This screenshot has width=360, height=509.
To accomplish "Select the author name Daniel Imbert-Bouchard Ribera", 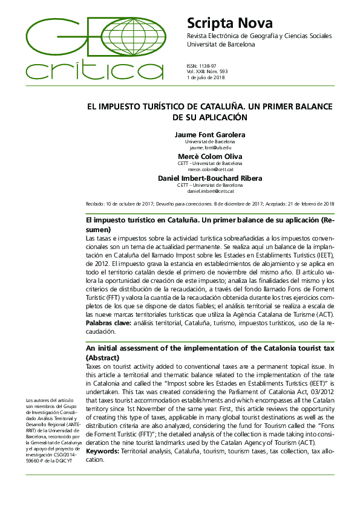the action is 210,178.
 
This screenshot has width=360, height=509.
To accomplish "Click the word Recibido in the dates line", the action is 95,204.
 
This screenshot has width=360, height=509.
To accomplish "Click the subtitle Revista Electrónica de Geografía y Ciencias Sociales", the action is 260,36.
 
